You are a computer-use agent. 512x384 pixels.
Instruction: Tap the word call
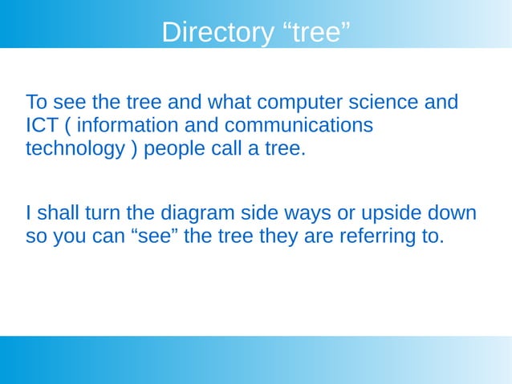[228, 150]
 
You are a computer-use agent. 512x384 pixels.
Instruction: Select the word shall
[57, 214]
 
